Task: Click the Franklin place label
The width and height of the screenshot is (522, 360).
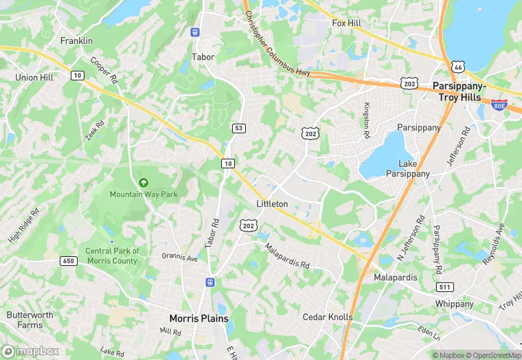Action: [76, 41]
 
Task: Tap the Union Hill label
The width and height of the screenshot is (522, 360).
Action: [34, 78]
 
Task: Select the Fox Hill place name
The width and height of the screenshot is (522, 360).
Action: [346, 23]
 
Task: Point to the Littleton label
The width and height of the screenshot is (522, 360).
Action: [271, 204]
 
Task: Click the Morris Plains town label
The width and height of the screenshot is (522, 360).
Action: [198, 318]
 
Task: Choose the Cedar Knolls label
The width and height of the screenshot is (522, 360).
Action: [328, 317]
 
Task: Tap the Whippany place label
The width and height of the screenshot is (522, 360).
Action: [454, 304]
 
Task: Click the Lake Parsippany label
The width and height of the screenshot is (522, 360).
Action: [414, 168]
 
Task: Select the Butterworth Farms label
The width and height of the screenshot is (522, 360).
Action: [30, 319]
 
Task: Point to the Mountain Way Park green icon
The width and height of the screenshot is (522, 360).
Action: [144, 182]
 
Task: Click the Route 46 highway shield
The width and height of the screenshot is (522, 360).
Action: [458, 67]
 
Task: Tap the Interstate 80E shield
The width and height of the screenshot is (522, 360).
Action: [499, 104]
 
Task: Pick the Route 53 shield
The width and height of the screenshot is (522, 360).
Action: [238, 128]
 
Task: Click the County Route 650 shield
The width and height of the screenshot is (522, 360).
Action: [68, 261]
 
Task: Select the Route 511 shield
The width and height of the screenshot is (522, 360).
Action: [445, 287]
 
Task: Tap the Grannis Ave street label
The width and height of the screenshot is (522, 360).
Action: [179, 258]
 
